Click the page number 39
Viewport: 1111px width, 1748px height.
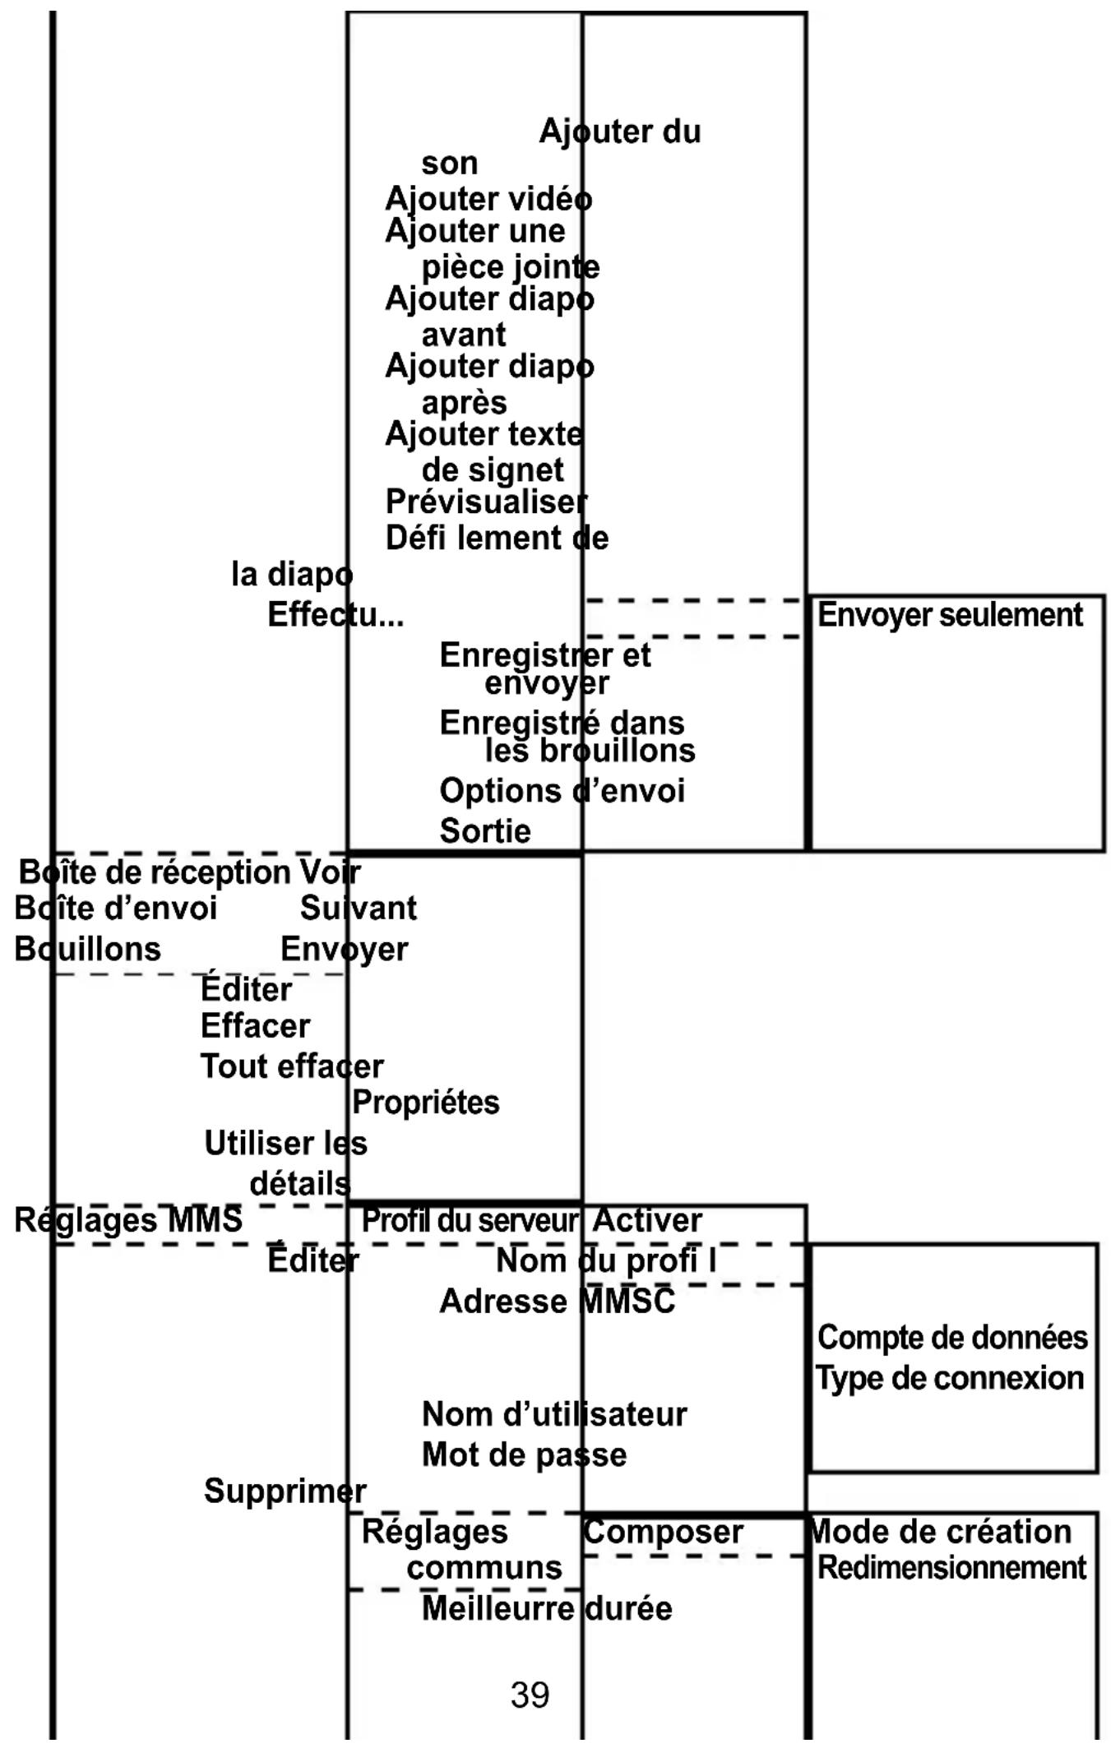click(x=530, y=1695)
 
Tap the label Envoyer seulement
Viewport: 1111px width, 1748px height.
click(x=950, y=615)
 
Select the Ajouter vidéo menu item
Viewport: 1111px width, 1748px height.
click(x=488, y=199)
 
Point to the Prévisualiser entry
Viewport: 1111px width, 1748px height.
click(x=486, y=502)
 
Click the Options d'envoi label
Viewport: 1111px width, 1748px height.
click(x=562, y=791)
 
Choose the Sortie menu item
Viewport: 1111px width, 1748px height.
click(x=485, y=830)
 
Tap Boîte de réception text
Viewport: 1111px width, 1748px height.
click(x=155, y=872)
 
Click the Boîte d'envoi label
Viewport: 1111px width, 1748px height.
click(x=116, y=909)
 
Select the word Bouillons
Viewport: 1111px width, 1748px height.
click(x=88, y=949)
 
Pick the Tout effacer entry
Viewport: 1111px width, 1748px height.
click(x=292, y=1066)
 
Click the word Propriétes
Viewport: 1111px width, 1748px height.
click(x=425, y=1103)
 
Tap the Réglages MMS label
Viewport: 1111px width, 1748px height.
click(x=128, y=1219)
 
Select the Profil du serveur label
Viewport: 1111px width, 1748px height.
click(x=470, y=1220)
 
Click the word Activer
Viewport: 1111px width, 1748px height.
click(x=647, y=1220)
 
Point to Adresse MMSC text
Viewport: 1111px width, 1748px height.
click(x=557, y=1302)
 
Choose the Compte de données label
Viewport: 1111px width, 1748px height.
click(x=952, y=1338)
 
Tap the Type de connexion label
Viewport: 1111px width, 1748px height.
click(x=950, y=1378)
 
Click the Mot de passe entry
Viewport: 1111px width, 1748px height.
click(x=524, y=1454)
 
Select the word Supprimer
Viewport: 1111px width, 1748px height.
click(x=285, y=1491)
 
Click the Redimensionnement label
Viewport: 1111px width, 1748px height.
click(x=951, y=1568)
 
